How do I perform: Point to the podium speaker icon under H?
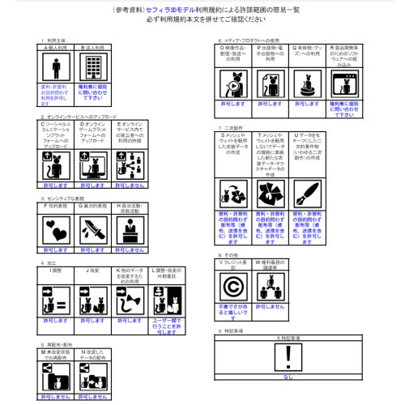(130, 230)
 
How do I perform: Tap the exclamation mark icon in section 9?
(288, 357)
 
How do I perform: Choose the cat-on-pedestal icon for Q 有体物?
(309, 83)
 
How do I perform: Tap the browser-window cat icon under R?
(347, 83)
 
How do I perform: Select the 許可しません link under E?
(130, 184)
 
